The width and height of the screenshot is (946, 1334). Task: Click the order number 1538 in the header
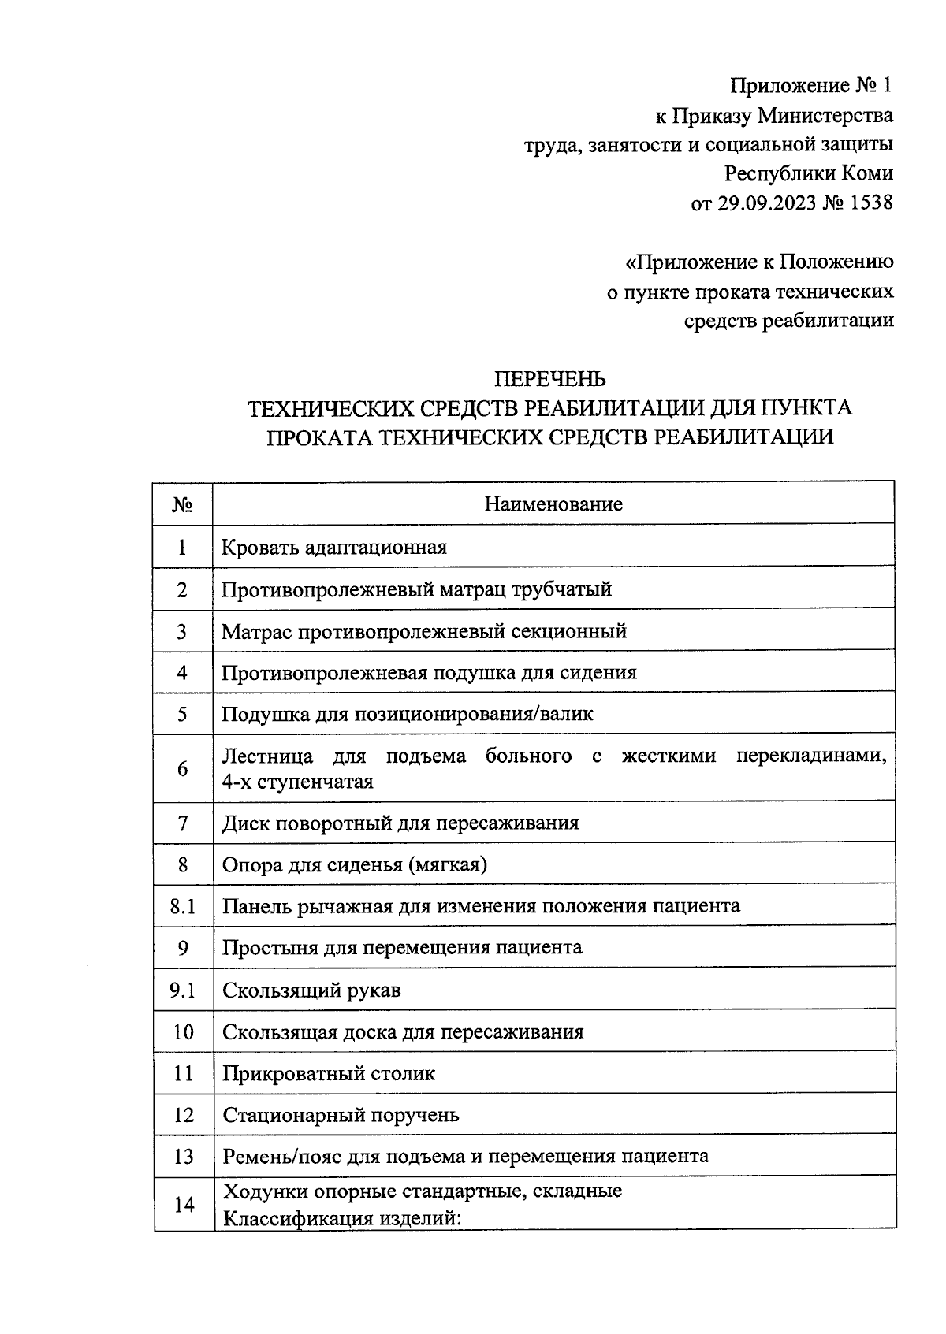point(870,203)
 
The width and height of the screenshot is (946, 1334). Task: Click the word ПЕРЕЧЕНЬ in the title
point(549,379)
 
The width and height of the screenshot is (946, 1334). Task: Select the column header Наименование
point(553,504)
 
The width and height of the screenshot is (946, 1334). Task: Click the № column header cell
point(183,504)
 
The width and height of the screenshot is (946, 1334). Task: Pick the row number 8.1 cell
point(183,905)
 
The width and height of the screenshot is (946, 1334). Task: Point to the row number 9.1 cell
point(183,990)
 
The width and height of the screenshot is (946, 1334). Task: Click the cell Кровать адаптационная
point(334,547)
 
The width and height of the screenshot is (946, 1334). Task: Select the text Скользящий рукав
point(311,990)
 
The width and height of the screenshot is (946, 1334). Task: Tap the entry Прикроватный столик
point(329,1073)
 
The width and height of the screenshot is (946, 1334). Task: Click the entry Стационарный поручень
point(341,1115)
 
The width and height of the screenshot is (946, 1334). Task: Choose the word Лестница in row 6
point(268,756)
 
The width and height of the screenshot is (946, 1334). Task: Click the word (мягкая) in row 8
point(447,864)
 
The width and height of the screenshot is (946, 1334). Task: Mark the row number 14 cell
point(183,1204)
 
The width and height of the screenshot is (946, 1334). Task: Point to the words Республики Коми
point(809,173)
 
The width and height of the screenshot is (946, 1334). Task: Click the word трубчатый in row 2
point(562,589)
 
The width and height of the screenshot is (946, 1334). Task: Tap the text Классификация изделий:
point(341,1218)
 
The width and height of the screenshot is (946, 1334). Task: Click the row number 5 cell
point(183,714)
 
